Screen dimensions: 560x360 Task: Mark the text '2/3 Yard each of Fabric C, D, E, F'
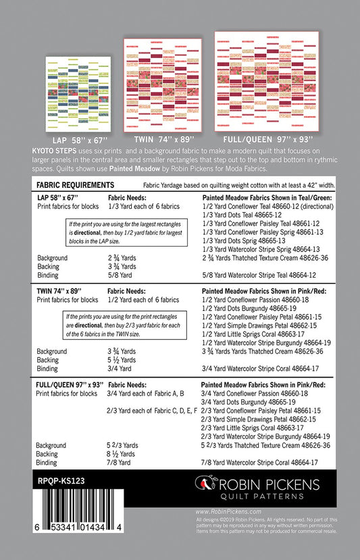click(x=152, y=410)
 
